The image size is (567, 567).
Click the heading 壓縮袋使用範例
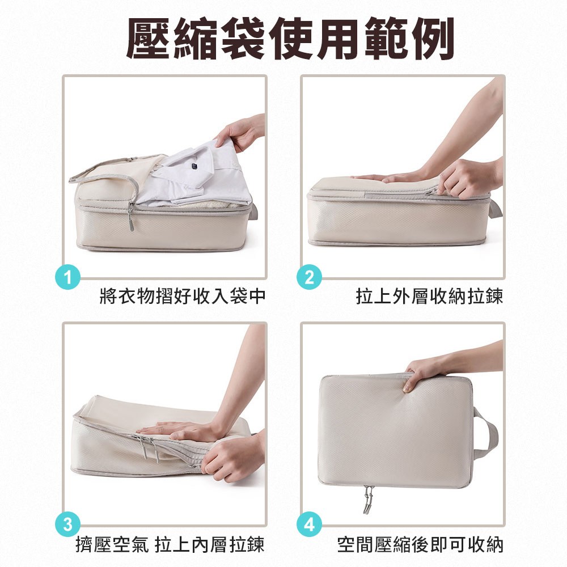(290, 39)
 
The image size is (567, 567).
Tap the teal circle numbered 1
(67, 278)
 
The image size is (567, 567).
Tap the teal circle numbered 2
(309, 278)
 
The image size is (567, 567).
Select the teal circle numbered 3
(67, 524)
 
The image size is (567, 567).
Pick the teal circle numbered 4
(309, 524)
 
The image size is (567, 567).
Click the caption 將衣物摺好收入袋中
(183, 296)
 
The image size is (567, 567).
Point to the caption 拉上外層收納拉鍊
(429, 296)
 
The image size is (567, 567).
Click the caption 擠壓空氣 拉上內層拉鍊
(170, 544)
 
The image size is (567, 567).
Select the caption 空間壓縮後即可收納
(420, 544)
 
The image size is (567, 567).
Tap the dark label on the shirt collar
(195, 166)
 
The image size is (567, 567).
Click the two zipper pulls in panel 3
(148, 448)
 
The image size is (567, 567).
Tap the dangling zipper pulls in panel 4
(368, 500)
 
